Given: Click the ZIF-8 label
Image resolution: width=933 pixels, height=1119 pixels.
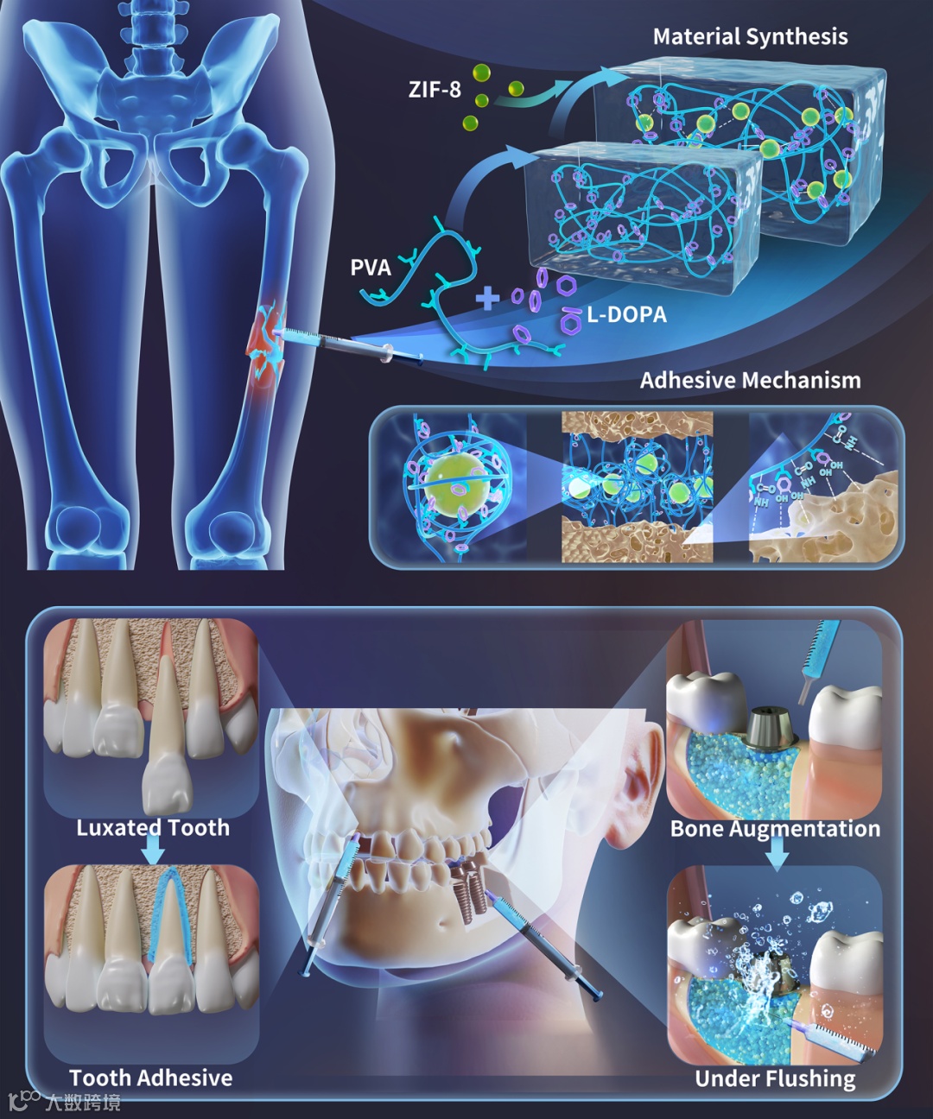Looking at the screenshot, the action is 435,89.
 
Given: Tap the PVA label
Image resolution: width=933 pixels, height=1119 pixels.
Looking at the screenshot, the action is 371,268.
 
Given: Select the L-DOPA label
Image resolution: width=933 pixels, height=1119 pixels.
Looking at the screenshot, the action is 626,315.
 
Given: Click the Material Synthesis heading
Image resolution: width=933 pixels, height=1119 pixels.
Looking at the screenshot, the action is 750,37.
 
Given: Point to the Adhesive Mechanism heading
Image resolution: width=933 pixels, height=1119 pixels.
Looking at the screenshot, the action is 750,381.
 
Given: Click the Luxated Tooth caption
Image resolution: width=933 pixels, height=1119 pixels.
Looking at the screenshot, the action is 153,828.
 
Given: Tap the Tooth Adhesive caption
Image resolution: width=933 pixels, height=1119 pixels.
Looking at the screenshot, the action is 151,1078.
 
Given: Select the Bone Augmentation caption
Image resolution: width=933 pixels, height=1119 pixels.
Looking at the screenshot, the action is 775,829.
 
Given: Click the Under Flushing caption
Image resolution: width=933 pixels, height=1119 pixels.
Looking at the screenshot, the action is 775,1078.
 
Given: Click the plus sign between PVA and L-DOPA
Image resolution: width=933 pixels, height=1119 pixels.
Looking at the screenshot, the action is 488,299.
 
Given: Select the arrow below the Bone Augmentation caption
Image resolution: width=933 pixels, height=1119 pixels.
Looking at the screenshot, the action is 777,853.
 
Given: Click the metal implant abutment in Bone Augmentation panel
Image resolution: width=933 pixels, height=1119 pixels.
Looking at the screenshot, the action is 771,730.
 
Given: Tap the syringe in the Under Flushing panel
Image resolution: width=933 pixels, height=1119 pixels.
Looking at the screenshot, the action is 835,1040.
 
